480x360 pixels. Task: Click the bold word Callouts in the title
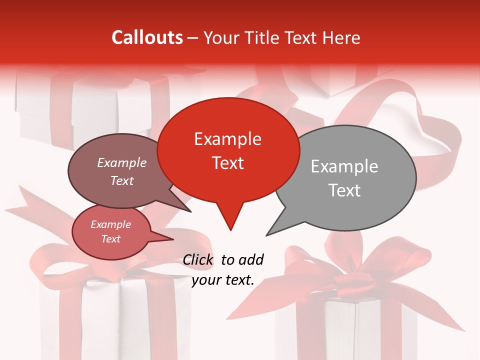click(x=147, y=37)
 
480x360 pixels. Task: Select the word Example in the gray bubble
click(x=344, y=166)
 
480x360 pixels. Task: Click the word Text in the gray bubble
click(x=344, y=190)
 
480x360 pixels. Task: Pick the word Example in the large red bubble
click(x=227, y=139)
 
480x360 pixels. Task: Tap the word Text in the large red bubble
click(x=227, y=163)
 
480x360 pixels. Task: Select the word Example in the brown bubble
click(x=121, y=163)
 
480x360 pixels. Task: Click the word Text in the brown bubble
click(x=121, y=181)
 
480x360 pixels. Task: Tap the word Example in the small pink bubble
click(x=110, y=224)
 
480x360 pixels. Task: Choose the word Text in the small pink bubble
click(x=110, y=239)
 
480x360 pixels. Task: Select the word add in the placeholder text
click(x=251, y=260)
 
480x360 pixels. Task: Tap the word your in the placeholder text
click(x=206, y=280)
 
